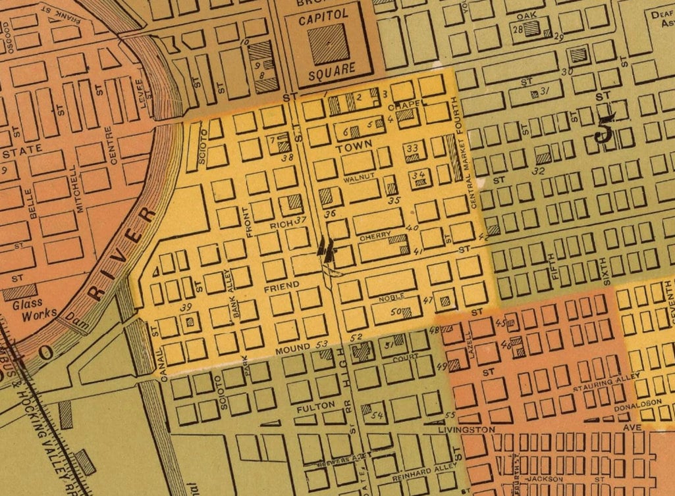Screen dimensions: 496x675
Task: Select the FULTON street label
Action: tap(311, 409)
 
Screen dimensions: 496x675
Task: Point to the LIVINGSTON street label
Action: tap(466, 430)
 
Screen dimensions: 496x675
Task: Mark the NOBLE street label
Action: tap(391, 298)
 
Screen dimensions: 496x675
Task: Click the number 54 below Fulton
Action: tap(377, 415)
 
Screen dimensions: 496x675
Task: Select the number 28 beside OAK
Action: tap(518, 29)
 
